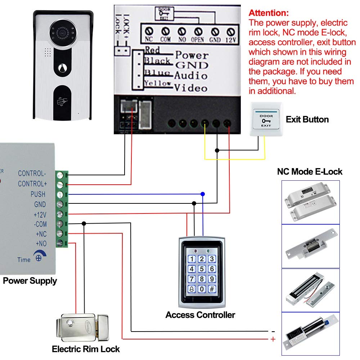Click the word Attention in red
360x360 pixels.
pos(269,13)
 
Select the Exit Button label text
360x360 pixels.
pos(307,120)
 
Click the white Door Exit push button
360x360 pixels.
pos(266,119)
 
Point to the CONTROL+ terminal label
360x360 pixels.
pos(32,184)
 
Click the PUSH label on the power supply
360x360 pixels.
pos(38,194)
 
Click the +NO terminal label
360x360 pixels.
pos(41,244)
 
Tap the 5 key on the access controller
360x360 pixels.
pos(202,269)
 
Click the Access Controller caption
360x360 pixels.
pos(200,315)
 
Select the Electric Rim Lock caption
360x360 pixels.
pos(86,349)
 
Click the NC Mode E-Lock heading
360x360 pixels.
pos(310,171)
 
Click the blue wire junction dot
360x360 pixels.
pos(203,194)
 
